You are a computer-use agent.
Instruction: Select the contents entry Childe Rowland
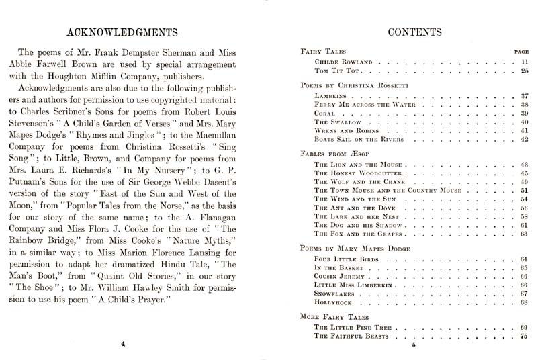[x=343, y=62]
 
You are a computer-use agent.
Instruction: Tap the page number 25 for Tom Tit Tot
[x=525, y=71]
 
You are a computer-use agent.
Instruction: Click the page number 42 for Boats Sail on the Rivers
[x=525, y=139]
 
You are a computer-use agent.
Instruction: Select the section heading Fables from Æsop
[x=332, y=154]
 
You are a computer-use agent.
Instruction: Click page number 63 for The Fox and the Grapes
[x=525, y=234]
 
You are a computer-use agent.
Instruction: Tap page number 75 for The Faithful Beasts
[x=525, y=336]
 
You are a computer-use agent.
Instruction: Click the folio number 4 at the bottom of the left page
[x=124, y=345]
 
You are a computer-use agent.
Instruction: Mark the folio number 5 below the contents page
[x=414, y=345]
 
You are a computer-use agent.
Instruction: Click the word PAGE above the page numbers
[x=521, y=51]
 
